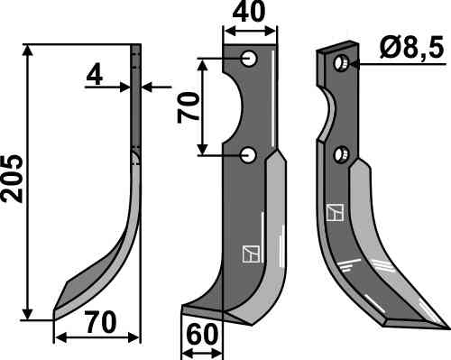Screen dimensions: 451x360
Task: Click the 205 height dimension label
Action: (x=13, y=179)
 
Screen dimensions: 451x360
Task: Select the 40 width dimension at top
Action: (x=249, y=12)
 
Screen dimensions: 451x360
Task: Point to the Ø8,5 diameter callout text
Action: (x=411, y=48)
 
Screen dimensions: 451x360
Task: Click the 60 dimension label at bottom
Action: (x=202, y=335)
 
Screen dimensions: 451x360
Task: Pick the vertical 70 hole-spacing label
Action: (x=189, y=107)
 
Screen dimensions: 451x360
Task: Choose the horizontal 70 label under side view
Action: (x=100, y=322)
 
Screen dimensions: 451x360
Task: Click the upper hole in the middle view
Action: (x=249, y=58)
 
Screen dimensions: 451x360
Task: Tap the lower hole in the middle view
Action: (x=248, y=155)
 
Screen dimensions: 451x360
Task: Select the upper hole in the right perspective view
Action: (x=340, y=63)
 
